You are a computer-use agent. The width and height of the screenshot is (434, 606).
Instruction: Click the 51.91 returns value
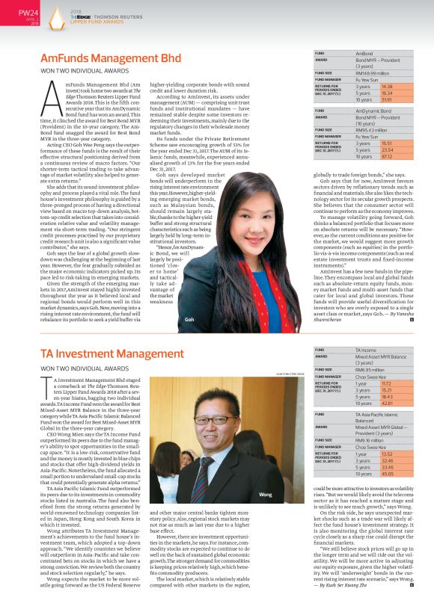[x=366, y=99]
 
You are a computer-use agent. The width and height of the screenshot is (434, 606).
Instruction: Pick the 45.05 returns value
[x=366, y=474]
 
